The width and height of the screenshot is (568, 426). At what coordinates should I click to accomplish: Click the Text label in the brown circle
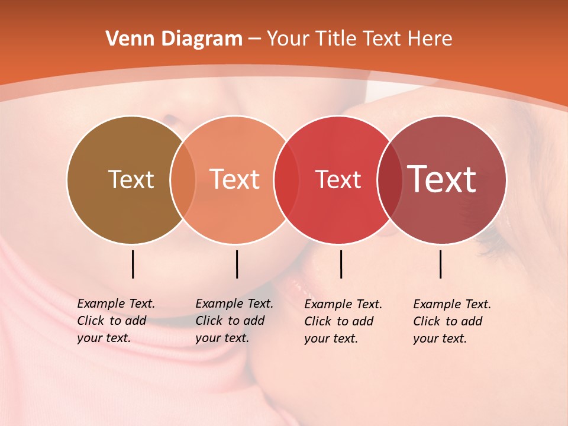click(x=131, y=179)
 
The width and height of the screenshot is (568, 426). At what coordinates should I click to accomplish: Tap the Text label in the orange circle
click(x=235, y=179)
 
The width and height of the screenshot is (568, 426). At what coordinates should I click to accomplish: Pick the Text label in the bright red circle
click(x=338, y=179)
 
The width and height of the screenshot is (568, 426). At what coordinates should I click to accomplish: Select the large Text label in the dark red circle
click(x=442, y=179)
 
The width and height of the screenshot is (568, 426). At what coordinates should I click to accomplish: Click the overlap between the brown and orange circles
click(x=183, y=180)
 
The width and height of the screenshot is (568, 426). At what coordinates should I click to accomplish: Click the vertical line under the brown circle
click(x=133, y=264)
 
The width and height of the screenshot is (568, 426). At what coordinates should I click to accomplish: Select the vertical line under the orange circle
click(x=237, y=264)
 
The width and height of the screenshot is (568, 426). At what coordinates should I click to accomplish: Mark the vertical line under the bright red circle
click(x=341, y=264)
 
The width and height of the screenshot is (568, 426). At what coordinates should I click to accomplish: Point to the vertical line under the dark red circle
click(x=441, y=264)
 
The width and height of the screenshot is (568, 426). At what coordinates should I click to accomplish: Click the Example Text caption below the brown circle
click(x=116, y=321)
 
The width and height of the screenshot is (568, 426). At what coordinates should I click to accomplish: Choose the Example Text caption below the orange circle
click(x=234, y=321)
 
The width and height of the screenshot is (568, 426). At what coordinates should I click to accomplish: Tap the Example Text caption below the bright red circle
click(x=343, y=321)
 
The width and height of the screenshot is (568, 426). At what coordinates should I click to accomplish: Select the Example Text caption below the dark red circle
click(x=452, y=321)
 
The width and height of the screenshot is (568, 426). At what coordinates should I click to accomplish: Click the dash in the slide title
click(x=254, y=40)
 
